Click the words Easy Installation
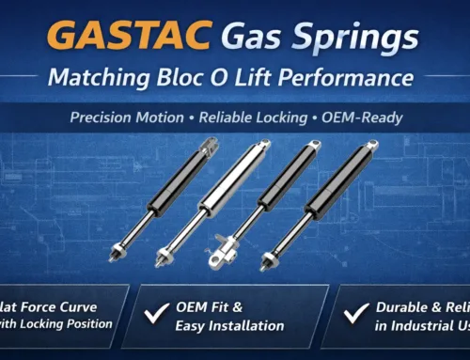coord(229,325)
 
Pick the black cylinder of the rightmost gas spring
coord(337,179)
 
